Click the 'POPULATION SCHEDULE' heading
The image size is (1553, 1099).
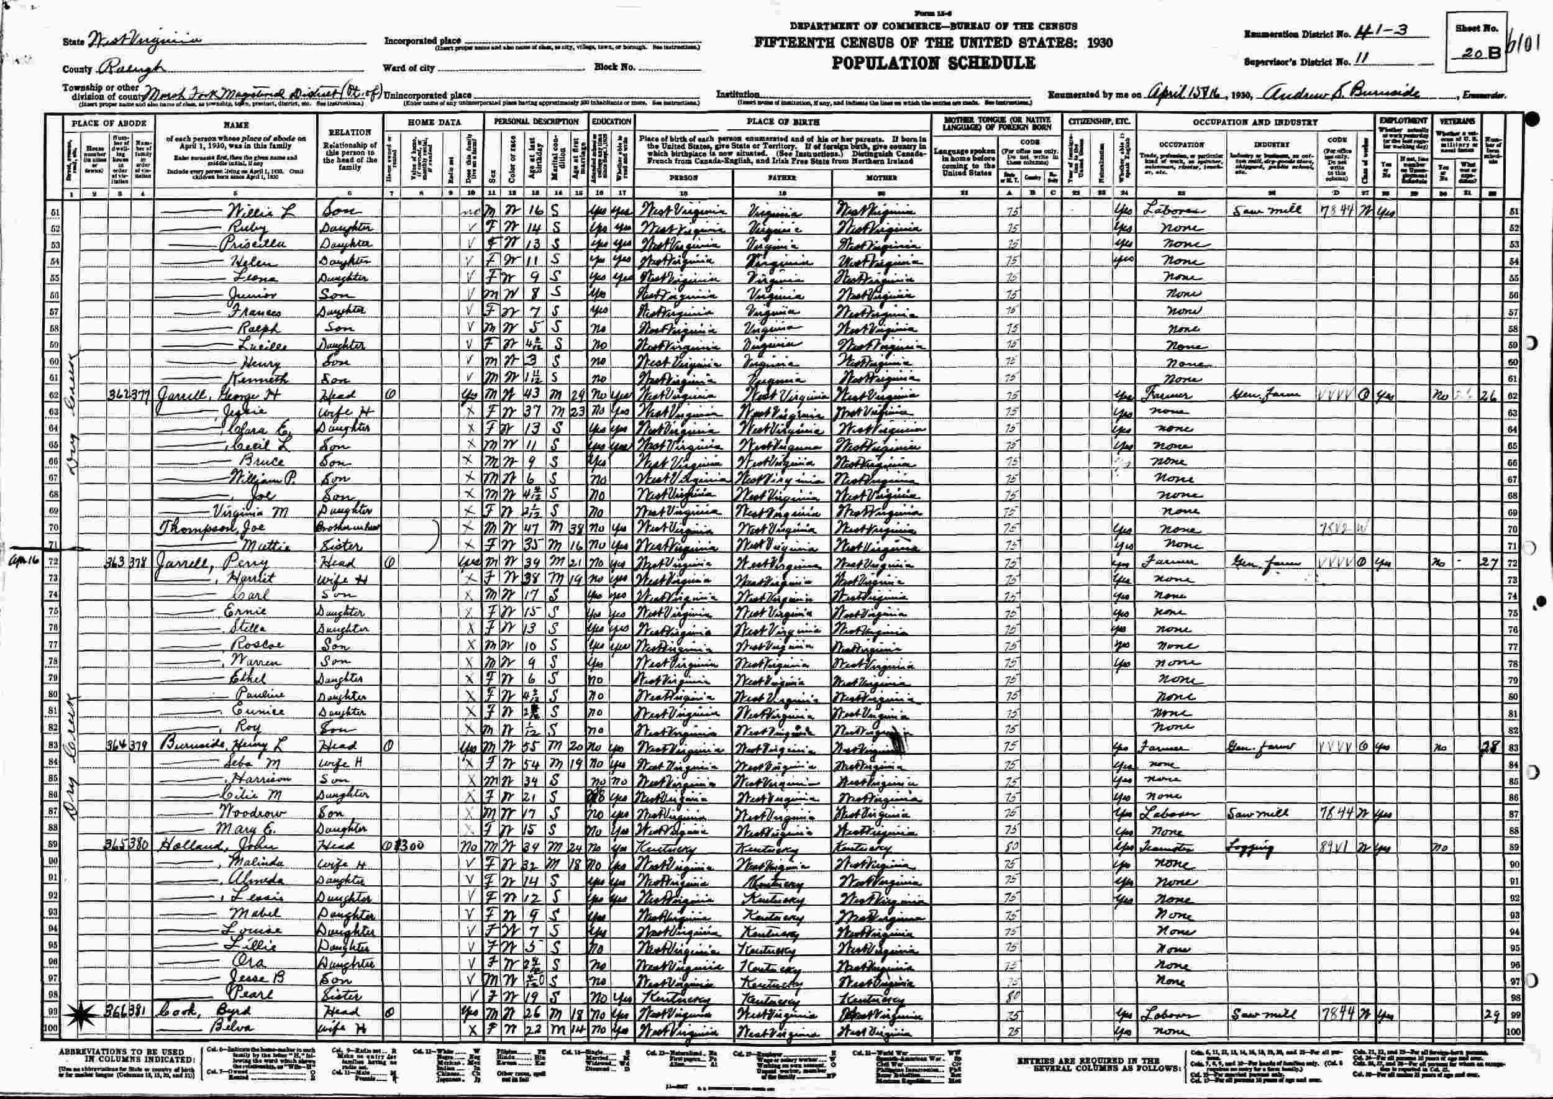tap(933, 63)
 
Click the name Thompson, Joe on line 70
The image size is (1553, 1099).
tap(203, 529)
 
